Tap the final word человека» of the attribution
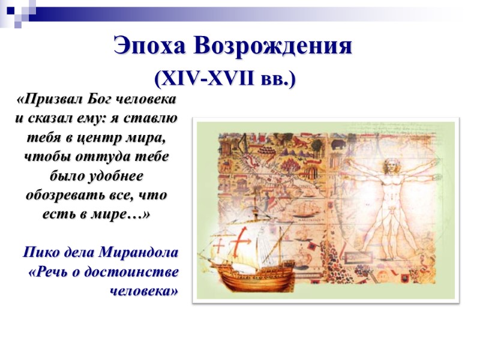(144, 291)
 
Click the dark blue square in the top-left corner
(11, 10)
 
